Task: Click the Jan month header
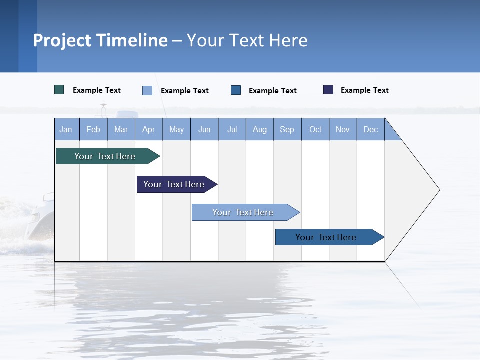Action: pos(66,129)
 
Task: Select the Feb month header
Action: pos(93,129)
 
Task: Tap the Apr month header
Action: pos(148,129)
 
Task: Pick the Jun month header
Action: pos(204,129)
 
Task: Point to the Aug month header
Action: pos(259,129)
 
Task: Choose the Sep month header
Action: pos(287,129)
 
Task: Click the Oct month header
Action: pos(315,129)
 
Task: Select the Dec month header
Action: pos(370,129)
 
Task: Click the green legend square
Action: pos(59,90)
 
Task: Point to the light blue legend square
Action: pos(147,90)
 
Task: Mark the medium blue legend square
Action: pos(236,90)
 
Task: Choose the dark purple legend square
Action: pos(328,90)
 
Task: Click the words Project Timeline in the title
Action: pos(100,40)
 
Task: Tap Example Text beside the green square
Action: pos(97,90)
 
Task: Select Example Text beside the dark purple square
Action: pos(364,90)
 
